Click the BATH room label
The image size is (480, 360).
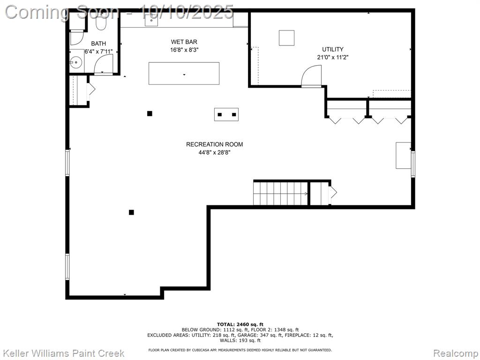[98, 44]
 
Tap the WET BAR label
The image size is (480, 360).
[184, 42]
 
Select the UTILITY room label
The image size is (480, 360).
[332, 49]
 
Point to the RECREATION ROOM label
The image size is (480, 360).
[214, 144]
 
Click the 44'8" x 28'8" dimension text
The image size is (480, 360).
[214, 152]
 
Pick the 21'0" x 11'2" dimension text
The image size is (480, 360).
[333, 57]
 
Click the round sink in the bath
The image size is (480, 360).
[76, 63]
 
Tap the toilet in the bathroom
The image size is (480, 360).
[101, 22]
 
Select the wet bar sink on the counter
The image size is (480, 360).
[151, 20]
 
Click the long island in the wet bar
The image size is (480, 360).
[184, 74]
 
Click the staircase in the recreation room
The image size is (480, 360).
[280, 194]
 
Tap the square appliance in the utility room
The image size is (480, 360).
[286, 38]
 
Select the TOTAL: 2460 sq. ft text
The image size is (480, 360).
[240, 324]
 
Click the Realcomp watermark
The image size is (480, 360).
[456, 353]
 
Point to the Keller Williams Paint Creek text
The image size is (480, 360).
[64, 353]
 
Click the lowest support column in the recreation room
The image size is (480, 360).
[131, 212]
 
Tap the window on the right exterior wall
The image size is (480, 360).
[413, 164]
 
